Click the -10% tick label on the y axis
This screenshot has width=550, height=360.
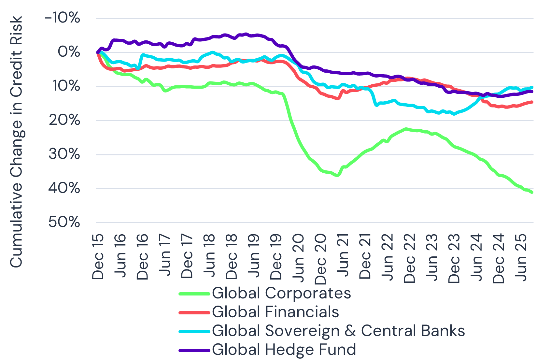(62, 18)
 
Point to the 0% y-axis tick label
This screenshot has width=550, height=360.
(69, 52)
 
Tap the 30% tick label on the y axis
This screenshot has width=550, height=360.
(64, 154)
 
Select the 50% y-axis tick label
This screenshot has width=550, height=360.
(64, 222)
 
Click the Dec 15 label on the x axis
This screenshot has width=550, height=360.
(98, 256)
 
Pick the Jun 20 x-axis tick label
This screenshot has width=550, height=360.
(298, 257)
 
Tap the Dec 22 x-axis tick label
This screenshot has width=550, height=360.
(410, 258)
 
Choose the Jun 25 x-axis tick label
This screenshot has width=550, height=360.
(521, 257)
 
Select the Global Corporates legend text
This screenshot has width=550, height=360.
(281, 293)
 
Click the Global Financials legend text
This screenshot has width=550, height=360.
(275, 312)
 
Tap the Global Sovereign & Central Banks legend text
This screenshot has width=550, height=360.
(338, 331)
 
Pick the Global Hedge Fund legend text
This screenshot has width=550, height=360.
(284, 350)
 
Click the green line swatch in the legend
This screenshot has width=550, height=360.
(194, 294)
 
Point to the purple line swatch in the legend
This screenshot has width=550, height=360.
(194, 351)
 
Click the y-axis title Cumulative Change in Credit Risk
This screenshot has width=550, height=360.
(16, 142)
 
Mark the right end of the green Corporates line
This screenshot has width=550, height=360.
(532, 192)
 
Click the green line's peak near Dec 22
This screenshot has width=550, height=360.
(406, 129)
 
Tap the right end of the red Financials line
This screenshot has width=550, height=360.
(532, 102)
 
